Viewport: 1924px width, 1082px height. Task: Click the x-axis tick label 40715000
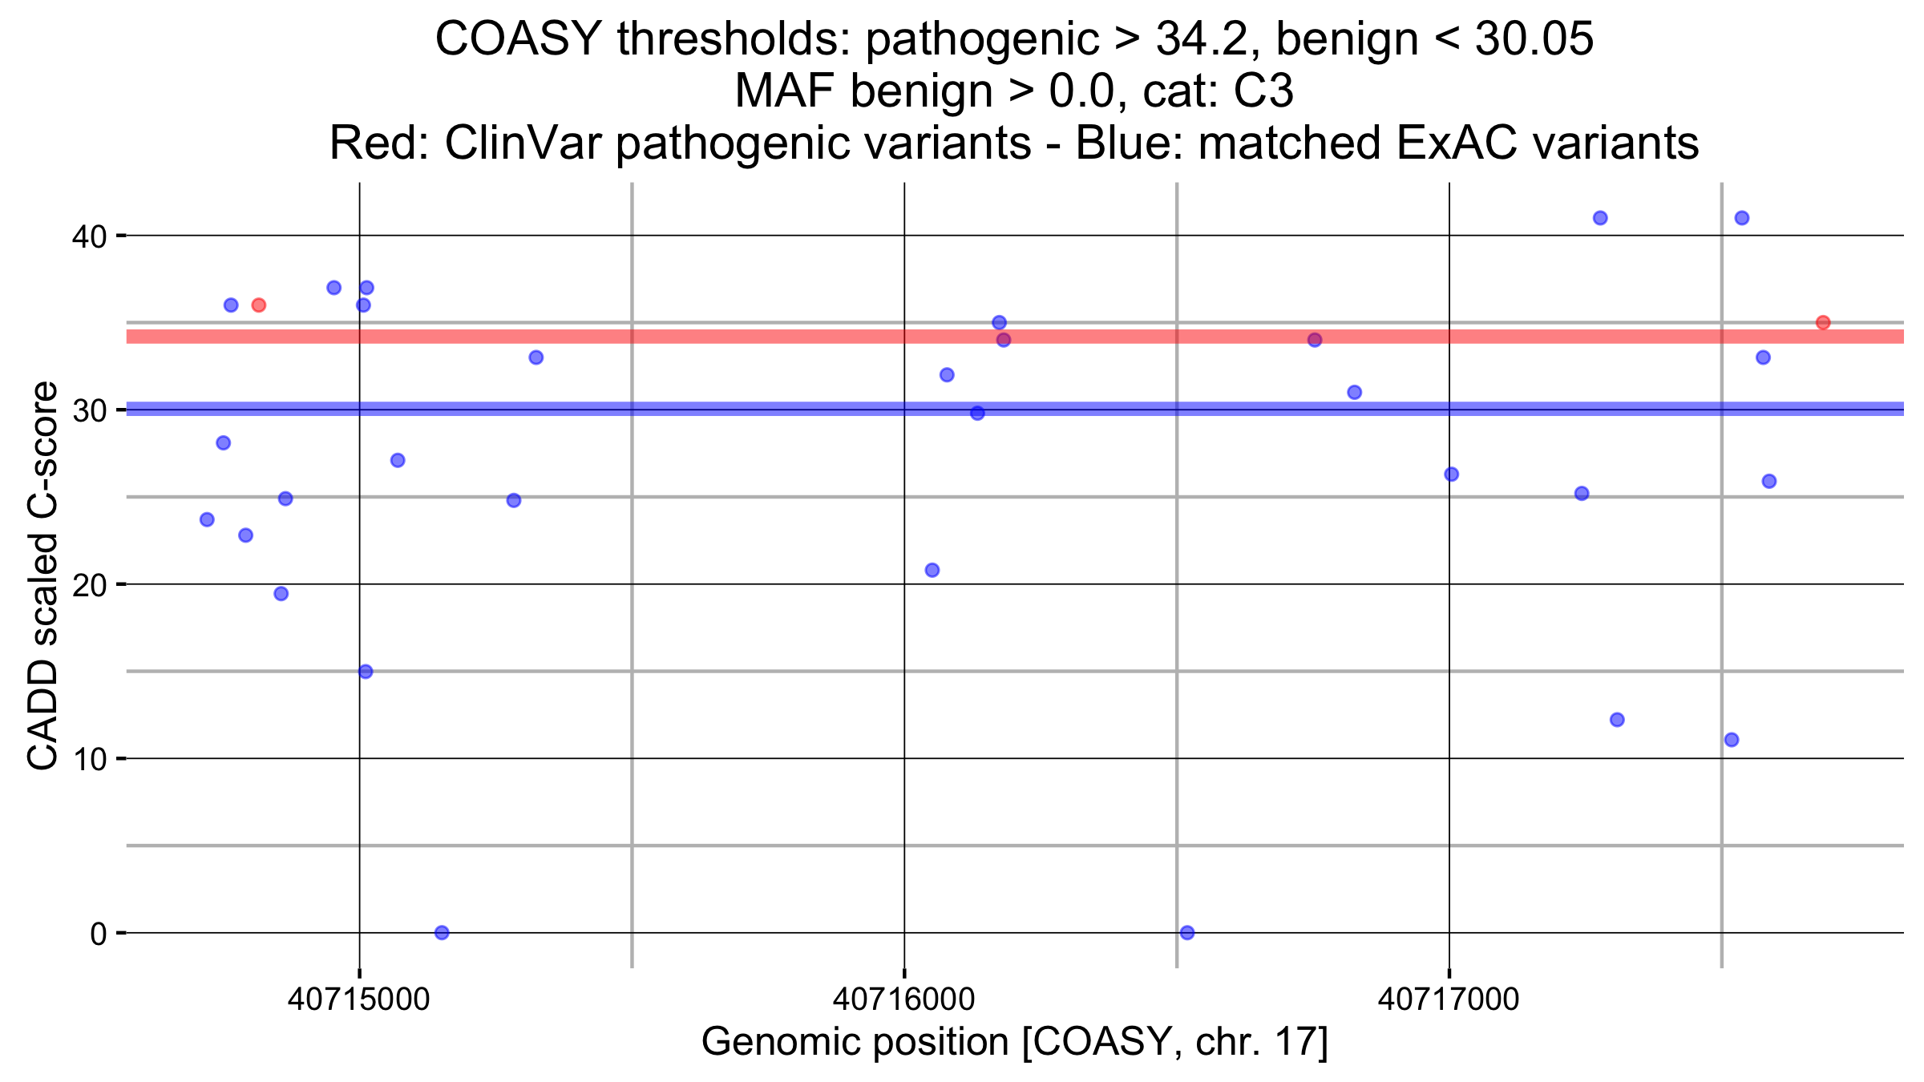[358, 999]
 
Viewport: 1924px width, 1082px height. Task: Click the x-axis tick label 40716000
[903, 999]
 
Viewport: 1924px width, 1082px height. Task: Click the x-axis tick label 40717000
[1449, 999]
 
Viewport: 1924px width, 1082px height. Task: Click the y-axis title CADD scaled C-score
[42, 575]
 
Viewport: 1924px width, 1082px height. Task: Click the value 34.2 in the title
[1200, 38]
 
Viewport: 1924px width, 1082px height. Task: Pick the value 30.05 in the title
[1534, 38]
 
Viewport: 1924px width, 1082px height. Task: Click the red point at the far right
[1823, 323]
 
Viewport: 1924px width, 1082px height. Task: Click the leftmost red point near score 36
[258, 305]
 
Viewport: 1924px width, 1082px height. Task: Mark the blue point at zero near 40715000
[442, 932]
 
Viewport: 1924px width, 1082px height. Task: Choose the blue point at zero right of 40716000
[1187, 932]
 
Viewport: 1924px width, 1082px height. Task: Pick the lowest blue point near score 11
[1732, 739]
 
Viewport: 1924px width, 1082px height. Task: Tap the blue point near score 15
[366, 672]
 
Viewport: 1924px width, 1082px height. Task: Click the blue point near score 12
[1617, 720]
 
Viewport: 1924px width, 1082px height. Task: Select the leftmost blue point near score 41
[1600, 218]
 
